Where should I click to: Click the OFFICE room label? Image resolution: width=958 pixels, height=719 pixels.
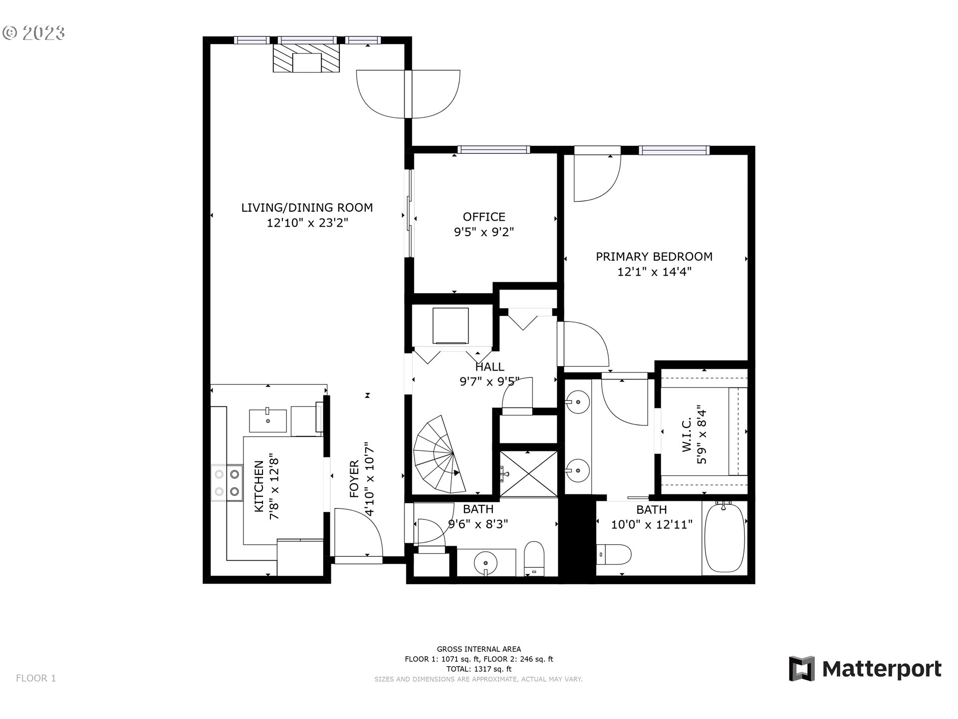pos(483,217)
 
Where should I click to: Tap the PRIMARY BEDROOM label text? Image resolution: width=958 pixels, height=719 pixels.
pos(654,257)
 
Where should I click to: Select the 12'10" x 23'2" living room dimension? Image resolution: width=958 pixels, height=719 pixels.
pos(307,223)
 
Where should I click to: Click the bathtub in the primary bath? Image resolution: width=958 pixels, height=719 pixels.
pos(724,538)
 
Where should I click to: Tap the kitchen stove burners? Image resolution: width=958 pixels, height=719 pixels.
pos(227,483)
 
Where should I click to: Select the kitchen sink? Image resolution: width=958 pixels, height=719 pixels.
pos(267,420)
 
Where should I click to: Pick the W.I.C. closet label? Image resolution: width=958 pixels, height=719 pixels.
pos(695,435)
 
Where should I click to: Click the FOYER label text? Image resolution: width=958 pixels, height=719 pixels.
pos(354,479)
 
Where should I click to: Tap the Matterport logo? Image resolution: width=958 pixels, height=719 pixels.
pos(865,668)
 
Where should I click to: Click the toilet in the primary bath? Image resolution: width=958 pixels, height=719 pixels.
pos(614,554)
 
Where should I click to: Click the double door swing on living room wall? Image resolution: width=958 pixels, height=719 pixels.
pos(408,94)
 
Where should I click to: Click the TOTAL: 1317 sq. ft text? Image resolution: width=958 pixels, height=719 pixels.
pos(479,669)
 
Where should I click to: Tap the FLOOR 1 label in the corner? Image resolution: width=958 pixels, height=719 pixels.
pos(36,678)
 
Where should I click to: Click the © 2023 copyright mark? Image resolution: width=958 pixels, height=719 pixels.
pos(33,33)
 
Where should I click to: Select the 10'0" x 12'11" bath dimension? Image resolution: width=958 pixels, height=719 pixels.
pos(652,525)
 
